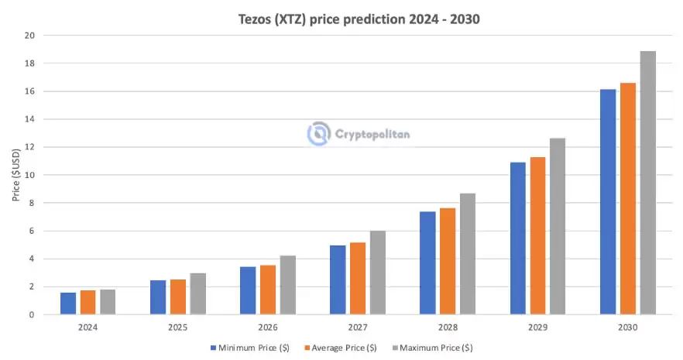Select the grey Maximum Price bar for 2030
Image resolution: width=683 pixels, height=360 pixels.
pyautogui.click(x=647, y=183)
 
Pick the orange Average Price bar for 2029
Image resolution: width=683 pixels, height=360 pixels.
pyautogui.click(x=537, y=236)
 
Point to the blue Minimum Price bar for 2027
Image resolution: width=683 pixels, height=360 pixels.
pyautogui.click(x=338, y=280)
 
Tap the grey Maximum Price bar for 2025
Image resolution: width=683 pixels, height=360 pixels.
pyautogui.click(x=197, y=294)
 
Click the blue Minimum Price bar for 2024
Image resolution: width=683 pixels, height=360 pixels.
pyautogui.click(x=68, y=303)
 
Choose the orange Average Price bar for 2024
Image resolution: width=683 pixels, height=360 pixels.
pyautogui.click(x=88, y=303)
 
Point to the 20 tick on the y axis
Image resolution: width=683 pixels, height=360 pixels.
pyautogui.click(x=29, y=36)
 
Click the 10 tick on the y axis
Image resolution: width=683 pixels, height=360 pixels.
pyautogui.click(x=29, y=175)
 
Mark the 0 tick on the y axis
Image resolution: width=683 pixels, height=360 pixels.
pyautogui.click(x=31, y=315)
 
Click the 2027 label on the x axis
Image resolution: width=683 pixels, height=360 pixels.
pyautogui.click(x=357, y=327)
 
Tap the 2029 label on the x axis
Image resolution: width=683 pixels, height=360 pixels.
pyautogui.click(x=537, y=327)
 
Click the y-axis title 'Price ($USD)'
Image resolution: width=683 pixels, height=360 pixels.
pyautogui.click(x=15, y=175)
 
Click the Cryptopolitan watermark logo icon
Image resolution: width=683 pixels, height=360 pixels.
pyautogui.click(x=318, y=134)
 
